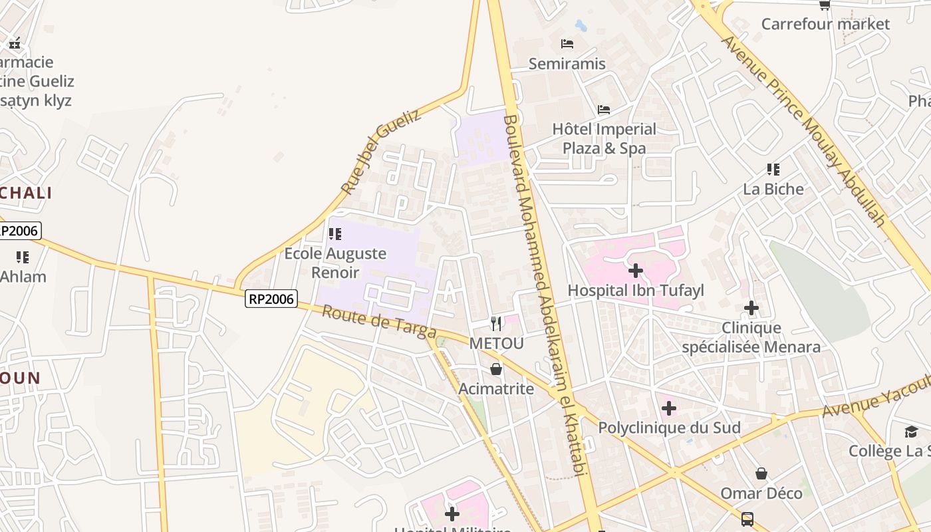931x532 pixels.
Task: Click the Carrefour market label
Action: click(825, 24)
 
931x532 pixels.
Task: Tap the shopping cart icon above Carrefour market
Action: click(825, 5)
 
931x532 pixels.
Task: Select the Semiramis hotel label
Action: click(567, 63)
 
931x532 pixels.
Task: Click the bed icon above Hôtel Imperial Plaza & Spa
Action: click(604, 109)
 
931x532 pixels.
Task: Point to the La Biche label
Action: click(773, 189)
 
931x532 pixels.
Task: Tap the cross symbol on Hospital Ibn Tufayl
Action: click(635, 271)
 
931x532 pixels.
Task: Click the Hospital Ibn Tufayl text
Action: click(635, 291)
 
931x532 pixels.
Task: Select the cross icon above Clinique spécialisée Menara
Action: click(751, 308)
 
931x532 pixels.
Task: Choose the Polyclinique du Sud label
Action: click(669, 428)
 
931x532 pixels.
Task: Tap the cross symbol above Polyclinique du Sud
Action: click(669, 408)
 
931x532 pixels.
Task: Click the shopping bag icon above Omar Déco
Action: click(761, 473)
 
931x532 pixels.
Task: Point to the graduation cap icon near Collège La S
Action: click(911, 432)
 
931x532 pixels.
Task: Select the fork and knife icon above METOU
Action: click(496, 324)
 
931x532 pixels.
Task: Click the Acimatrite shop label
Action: click(496, 388)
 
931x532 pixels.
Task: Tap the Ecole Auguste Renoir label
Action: click(335, 263)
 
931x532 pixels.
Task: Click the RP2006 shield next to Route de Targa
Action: click(271, 299)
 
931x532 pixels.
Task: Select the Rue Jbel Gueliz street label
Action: click(380, 152)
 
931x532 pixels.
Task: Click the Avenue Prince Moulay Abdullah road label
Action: click(805, 130)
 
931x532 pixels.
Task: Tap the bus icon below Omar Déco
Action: click(747, 519)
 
